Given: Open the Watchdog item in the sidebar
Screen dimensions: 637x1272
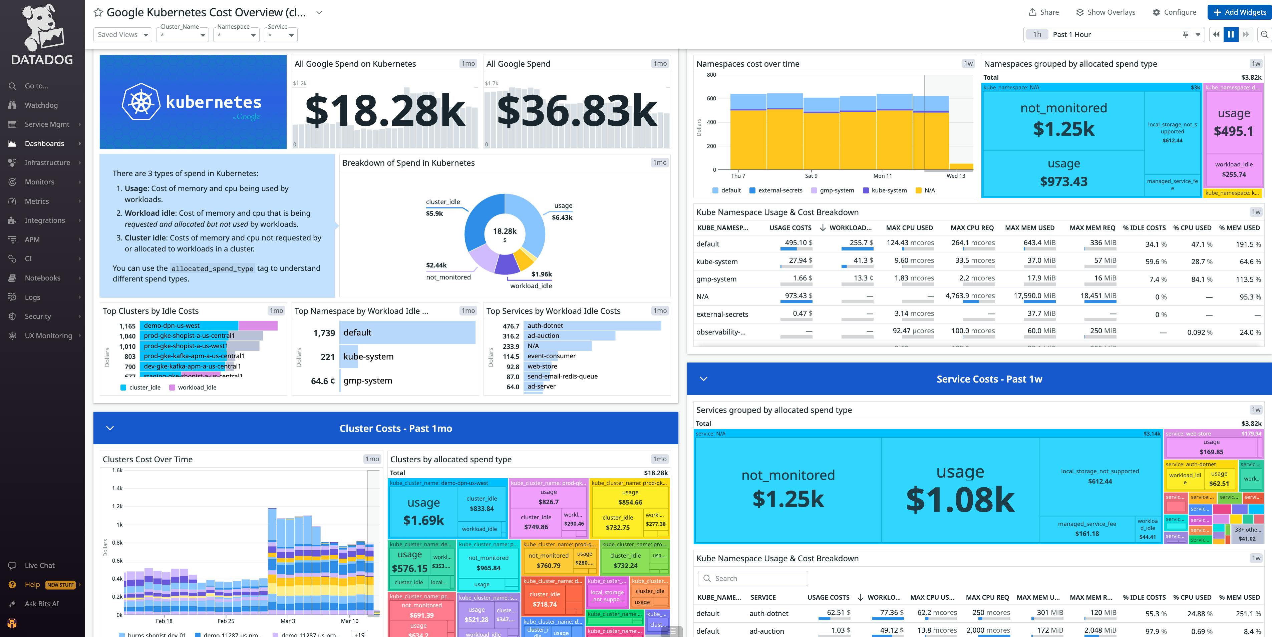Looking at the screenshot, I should click(x=41, y=105).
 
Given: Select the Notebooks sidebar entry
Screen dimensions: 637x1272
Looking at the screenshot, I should click(x=42, y=278).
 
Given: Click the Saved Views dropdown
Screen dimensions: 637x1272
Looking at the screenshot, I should click(x=122, y=35).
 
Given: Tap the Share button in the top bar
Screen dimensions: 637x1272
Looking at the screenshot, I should click(x=1044, y=12).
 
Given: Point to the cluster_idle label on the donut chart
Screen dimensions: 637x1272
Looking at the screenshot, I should click(x=442, y=202).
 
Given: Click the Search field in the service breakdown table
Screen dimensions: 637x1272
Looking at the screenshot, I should click(x=753, y=578).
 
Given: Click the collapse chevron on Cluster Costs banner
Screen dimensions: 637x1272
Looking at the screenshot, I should click(x=110, y=428).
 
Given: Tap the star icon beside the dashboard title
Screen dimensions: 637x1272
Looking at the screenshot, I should click(x=98, y=13).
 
